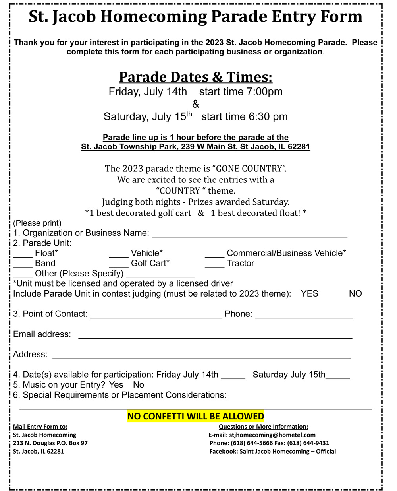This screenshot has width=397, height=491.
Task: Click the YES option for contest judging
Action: pyautogui.click(x=309, y=294)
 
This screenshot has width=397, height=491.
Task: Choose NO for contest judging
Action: pyautogui.click(x=355, y=294)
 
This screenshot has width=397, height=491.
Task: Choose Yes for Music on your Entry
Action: pyautogui.click(x=116, y=385)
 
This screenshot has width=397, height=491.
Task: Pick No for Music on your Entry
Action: pyautogui.click(x=139, y=385)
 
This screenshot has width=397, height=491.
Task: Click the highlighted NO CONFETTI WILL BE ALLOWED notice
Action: pyautogui.click(x=196, y=416)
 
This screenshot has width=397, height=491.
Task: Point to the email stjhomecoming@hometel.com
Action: pyautogui.click(x=272, y=435)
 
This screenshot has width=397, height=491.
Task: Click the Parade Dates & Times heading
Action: pyautogui.click(x=196, y=77)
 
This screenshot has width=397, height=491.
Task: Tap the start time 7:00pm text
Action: pyautogui.click(x=241, y=92)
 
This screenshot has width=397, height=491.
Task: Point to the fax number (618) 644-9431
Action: pyautogui.click(x=308, y=443)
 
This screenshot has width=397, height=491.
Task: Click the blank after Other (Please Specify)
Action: pyautogui.click(x=160, y=276)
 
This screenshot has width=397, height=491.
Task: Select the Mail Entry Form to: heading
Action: pyautogui.click(x=40, y=427)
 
